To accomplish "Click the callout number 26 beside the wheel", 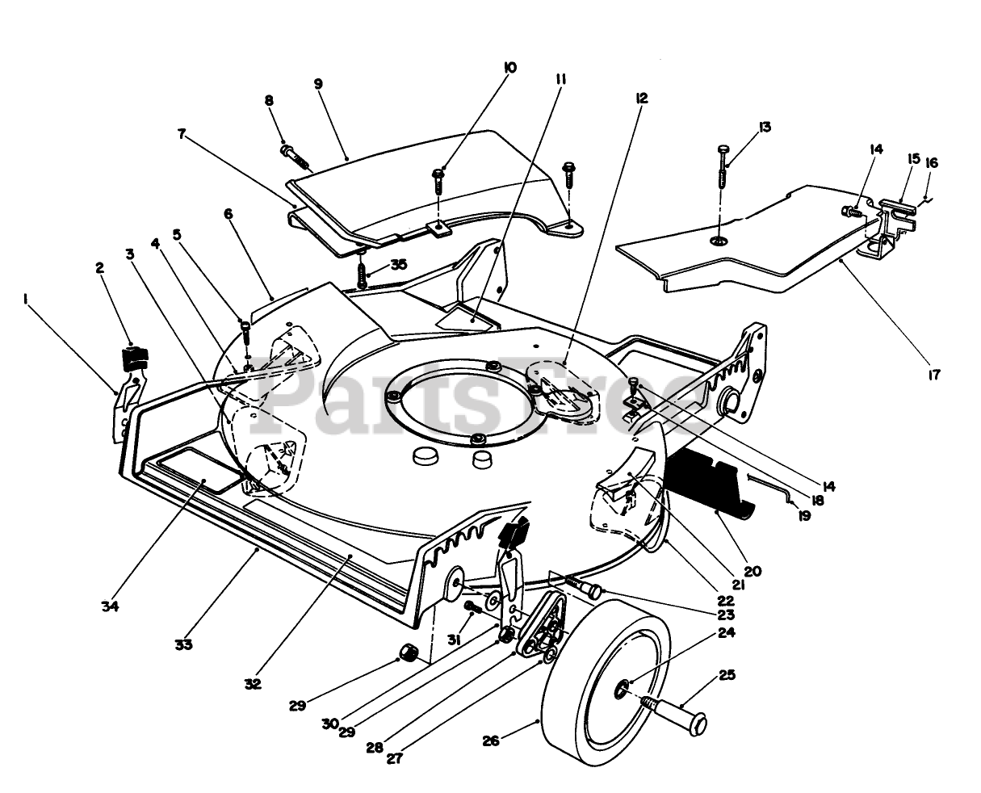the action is point(491,741).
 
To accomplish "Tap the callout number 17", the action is point(933,375).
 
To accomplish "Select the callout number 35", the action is point(398,265).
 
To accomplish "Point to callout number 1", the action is point(24,300).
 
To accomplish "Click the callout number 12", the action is point(641,98).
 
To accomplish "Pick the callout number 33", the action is point(183,644).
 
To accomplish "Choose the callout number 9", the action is point(318,84).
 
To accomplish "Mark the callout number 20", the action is point(753,572).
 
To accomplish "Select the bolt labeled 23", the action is point(584,588).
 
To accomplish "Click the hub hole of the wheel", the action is point(621,690).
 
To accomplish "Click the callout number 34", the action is point(110,606).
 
